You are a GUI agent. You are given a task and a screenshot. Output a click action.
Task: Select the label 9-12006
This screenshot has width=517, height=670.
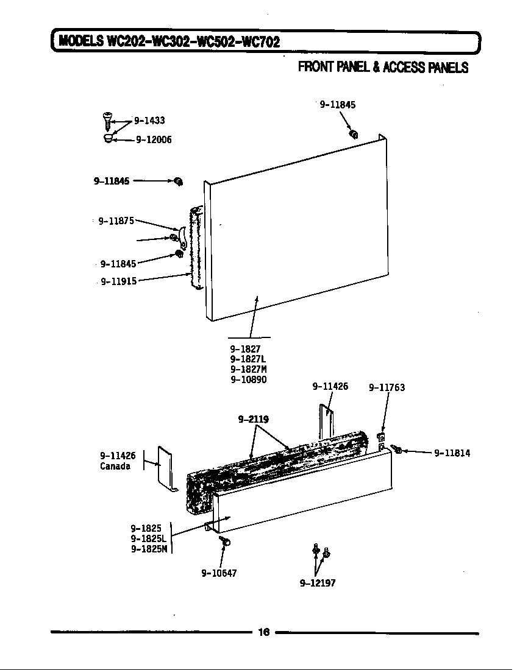pos(154,139)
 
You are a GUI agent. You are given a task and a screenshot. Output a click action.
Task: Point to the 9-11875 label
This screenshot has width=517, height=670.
pos(116,221)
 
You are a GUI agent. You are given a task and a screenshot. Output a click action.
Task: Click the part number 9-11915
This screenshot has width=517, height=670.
pos(118,281)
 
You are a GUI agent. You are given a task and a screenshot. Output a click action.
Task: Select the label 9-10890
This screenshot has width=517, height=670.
pos(248,379)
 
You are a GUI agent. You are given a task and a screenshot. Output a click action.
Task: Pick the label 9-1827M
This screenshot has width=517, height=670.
pos(248,369)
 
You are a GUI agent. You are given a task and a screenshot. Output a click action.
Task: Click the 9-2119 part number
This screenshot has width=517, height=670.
pos(253,419)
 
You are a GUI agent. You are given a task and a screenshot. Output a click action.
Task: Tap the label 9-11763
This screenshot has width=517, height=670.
pos(387,387)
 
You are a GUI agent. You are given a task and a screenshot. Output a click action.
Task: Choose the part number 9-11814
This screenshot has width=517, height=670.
pos(452,453)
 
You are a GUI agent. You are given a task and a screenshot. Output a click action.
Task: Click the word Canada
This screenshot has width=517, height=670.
pos(115,467)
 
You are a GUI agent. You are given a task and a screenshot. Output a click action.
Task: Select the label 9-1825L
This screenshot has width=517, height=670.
pos(148,538)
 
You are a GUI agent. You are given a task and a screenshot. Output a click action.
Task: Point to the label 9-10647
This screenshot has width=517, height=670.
pos(219,573)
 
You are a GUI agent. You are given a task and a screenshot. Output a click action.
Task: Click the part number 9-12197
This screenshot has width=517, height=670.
pos(318,583)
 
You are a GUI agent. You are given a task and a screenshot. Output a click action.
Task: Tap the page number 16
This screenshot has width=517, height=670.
pos(263,632)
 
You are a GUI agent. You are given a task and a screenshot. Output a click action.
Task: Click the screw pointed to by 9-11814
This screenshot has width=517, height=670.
pos(396,450)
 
